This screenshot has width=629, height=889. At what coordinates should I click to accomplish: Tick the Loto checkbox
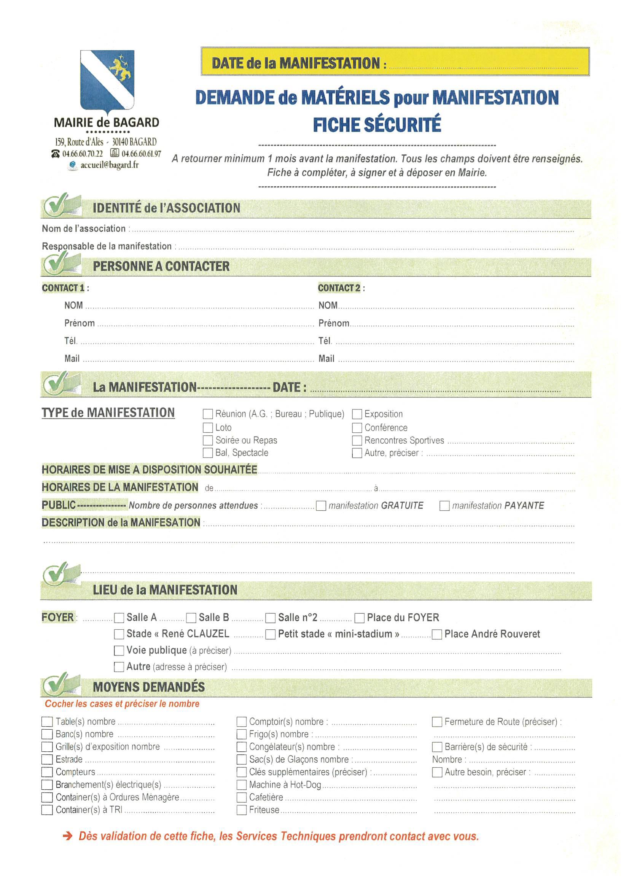[x=208, y=427]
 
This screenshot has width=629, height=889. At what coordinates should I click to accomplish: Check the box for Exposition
[x=357, y=414]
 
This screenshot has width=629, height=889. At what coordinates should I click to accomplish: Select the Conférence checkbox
[x=357, y=427]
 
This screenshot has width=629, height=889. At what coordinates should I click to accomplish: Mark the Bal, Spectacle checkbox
[x=208, y=452]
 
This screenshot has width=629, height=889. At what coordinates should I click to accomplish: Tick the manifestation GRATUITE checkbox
[x=321, y=506]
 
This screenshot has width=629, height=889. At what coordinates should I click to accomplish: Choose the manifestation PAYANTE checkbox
[x=444, y=506]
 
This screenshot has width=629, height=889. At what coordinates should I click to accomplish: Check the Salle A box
[x=119, y=618]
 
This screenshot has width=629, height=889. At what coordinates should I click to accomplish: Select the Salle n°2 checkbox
[x=271, y=618]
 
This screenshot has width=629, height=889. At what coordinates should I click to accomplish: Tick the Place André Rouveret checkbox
[x=437, y=634]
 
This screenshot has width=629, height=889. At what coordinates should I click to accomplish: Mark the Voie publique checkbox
[x=119, y=651]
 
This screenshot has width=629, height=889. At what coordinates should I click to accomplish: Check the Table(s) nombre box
[x=47, y=721]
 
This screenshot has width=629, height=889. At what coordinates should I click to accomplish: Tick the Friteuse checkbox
[x=242, y=810]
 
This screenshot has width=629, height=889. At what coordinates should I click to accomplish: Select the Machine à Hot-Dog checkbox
[x=242, y=784]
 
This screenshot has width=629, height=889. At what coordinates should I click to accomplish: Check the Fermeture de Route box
[x=437, y=721]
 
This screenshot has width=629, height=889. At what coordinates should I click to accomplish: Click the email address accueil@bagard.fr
[x=109, y=165]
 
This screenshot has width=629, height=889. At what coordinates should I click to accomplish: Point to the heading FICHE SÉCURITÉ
[x=377, y=124]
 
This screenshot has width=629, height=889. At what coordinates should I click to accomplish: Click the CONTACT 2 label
[x=339, y=288]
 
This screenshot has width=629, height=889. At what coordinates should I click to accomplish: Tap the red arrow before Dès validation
[x=68, y=837]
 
